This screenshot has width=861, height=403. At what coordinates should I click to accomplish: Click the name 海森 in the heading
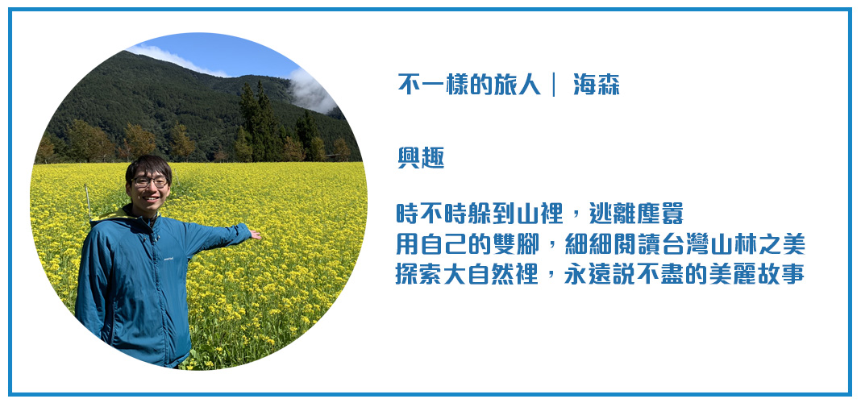click(x=597, y=85)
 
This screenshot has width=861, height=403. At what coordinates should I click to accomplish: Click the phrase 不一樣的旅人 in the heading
click(x=469, y=85)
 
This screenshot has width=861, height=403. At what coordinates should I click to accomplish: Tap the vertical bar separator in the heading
click(x=554, y=85)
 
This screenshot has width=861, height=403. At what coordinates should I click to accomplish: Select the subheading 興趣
click(x=421, y=158)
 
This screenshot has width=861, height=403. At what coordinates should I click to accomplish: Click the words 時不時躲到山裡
click(x=480, y=214)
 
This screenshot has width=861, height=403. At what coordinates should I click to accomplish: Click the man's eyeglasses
click(x=149, y=182)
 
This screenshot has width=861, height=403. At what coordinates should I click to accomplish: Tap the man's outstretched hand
click(x=254, y=235)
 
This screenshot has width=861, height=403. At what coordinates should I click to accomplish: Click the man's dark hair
click(x=148, y=166)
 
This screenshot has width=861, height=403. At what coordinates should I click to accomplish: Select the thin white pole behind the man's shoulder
click(x=87, y=203)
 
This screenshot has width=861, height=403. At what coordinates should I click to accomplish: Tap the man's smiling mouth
click(x=151, y=197)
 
